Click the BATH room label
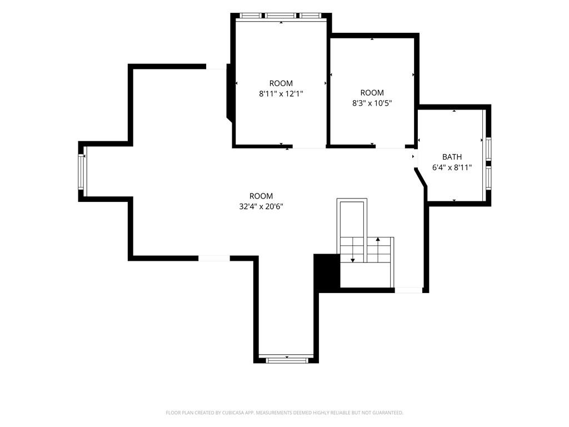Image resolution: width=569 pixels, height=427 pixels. [452, 157]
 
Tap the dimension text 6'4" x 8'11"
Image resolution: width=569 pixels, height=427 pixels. [452, 167]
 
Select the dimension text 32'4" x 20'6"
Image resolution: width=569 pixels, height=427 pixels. [261, 207]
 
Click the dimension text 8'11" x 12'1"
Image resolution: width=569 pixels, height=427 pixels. [281, 93]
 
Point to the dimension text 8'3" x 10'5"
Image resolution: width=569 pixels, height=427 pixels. [372, 103]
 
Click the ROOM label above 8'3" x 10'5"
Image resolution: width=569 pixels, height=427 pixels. [372, 93]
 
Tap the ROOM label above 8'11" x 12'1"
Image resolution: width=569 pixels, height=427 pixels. [281, 83]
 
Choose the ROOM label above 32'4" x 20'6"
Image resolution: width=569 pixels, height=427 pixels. [261, 196]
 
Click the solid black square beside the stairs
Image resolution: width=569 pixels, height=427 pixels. [327, 271]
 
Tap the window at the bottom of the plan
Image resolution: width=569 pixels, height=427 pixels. [286, 360]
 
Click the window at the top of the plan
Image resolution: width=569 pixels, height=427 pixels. [281, 16]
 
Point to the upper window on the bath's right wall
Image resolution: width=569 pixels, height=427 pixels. [488, 149]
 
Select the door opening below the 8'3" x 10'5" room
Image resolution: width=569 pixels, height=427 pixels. [390, 146]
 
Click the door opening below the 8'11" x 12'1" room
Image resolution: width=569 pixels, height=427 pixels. [309, 146]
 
